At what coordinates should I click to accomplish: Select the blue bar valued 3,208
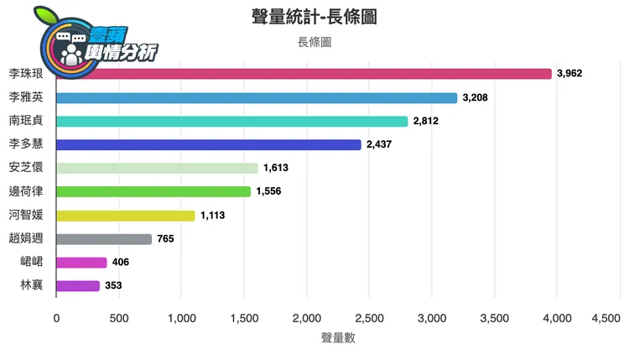click(257, 97)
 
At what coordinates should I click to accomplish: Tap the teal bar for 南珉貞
click(231, 121)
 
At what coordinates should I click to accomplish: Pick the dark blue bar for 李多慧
click(208, 144)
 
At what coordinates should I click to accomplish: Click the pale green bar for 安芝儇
click(157, 168)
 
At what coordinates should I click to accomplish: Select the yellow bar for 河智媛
click(125, 216)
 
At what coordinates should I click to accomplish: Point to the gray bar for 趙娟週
click(104, 239)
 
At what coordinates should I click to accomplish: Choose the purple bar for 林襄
click(78, 286)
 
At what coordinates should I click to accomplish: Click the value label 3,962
click(569, 74)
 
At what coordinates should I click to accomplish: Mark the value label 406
click(121, 263)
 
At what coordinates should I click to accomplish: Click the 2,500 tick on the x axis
click(369, 319)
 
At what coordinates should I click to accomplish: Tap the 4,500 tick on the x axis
click(606, 319)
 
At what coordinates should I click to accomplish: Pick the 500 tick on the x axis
click(119, 319)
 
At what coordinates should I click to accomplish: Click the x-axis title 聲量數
click(338, 338)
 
